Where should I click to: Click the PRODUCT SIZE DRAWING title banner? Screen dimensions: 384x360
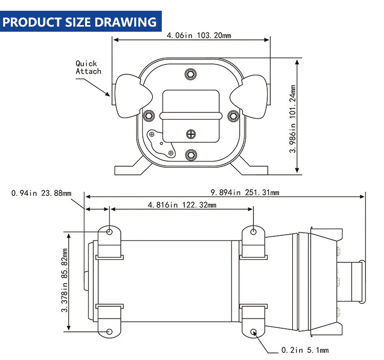pos(80,21)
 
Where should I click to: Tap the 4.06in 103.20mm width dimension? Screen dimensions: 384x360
pos(199,35)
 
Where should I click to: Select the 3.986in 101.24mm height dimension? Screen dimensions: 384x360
pos(293,119)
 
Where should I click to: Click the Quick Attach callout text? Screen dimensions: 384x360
pos(88,67)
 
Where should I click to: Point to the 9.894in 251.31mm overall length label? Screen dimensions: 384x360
pos(245,192)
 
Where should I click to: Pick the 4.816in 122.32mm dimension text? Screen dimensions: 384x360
pos(182,205)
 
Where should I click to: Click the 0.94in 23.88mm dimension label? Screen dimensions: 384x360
pos(41,193)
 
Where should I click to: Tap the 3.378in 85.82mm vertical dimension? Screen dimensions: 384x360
pos(65,280)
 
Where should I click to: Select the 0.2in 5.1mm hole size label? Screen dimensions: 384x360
pos(305,350)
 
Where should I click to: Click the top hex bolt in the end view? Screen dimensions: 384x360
pos(191,74)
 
